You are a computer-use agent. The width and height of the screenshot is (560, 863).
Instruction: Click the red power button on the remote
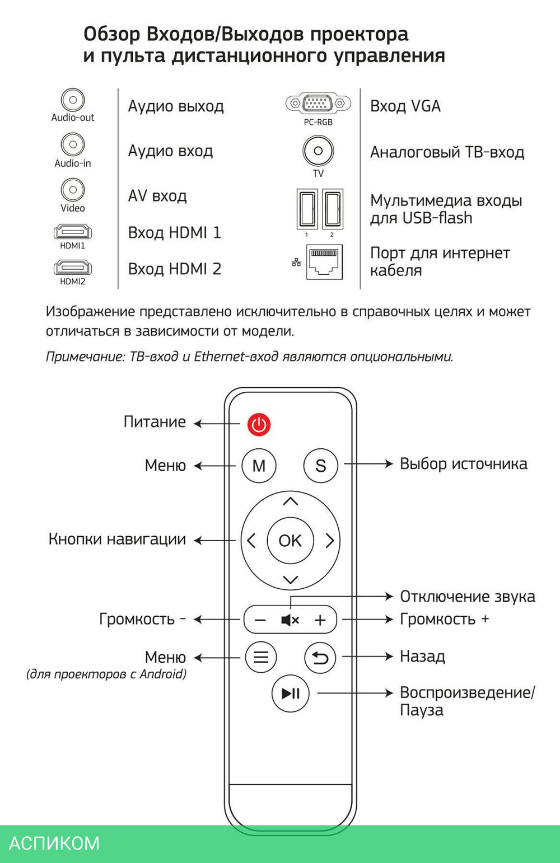(259, 425)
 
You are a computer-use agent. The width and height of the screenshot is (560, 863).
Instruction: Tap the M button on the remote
(259, 466)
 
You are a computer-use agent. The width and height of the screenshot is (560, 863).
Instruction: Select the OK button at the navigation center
(290, 541)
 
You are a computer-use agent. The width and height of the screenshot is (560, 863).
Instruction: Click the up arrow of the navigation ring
(290, 501)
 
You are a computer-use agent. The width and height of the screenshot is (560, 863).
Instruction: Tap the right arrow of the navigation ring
(330, 541)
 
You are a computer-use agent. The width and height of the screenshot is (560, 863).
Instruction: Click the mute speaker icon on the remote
(290, 620)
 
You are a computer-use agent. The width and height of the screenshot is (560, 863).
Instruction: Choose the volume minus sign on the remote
(260, 620)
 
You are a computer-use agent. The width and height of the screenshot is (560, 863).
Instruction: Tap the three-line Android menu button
(261, 657)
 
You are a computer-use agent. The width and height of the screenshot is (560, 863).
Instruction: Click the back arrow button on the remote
(320, 657)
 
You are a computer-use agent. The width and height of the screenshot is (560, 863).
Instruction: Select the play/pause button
(290, 693)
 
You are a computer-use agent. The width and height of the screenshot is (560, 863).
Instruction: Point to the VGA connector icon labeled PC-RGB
(318, 104)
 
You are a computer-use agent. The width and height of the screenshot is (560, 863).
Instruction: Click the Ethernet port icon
(324, 261)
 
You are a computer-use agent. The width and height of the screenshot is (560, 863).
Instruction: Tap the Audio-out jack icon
(73, 100)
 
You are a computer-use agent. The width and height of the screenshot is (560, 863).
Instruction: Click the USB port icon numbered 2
(333, 208)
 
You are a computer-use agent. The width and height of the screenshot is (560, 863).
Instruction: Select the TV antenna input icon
(318, 151)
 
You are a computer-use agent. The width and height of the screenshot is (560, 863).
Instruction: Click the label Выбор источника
(463, 464)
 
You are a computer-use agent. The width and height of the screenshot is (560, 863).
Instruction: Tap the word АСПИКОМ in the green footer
(54, 843)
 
